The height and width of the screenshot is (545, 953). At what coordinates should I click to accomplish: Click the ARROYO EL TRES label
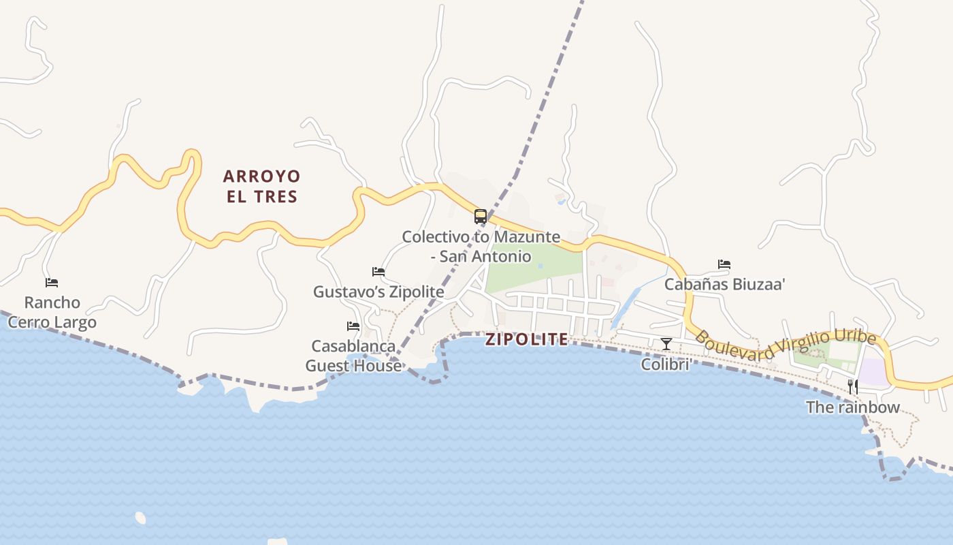(261, 186)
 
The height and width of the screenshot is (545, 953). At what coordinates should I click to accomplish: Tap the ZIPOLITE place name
(526, 339)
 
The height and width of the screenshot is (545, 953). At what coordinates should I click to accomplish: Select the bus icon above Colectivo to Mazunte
(481, 217)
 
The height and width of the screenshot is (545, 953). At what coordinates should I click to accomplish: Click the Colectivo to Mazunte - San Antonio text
(481, 247)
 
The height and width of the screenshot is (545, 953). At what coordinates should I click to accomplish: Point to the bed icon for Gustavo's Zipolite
(378, 272)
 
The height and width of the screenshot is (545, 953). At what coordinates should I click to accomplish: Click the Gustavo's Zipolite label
(378, 292)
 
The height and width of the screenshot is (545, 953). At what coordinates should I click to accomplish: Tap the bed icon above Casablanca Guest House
(353, 326)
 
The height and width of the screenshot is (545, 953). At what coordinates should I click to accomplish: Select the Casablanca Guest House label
(353, 356)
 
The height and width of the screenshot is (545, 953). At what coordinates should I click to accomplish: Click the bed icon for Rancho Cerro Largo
(52, 282)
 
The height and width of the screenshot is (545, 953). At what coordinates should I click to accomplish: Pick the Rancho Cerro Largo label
(52, 312)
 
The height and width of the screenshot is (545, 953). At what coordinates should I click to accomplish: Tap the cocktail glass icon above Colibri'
(666, 344)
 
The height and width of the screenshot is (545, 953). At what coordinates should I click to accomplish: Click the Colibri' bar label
(666, 364)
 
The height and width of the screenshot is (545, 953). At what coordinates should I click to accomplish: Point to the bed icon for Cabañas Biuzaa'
(724, 264)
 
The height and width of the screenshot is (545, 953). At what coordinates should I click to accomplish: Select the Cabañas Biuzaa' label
(724, 284)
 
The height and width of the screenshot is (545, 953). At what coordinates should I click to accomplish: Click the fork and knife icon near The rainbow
(852, 387)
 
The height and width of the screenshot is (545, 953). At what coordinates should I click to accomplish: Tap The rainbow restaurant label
(852, 407)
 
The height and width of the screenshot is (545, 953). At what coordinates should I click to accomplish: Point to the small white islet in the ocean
(140, 518)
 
